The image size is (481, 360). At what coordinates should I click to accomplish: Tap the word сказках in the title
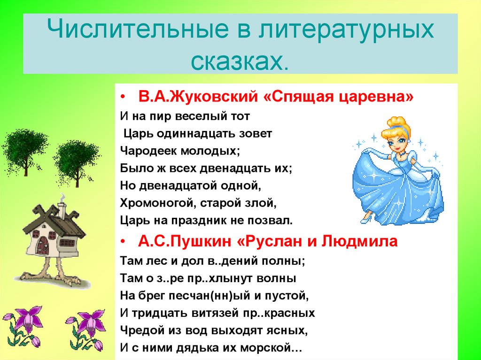[240, 60]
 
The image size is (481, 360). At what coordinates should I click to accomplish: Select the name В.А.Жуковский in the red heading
[198, 97]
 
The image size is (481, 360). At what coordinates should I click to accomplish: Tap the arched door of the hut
[44, 245]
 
